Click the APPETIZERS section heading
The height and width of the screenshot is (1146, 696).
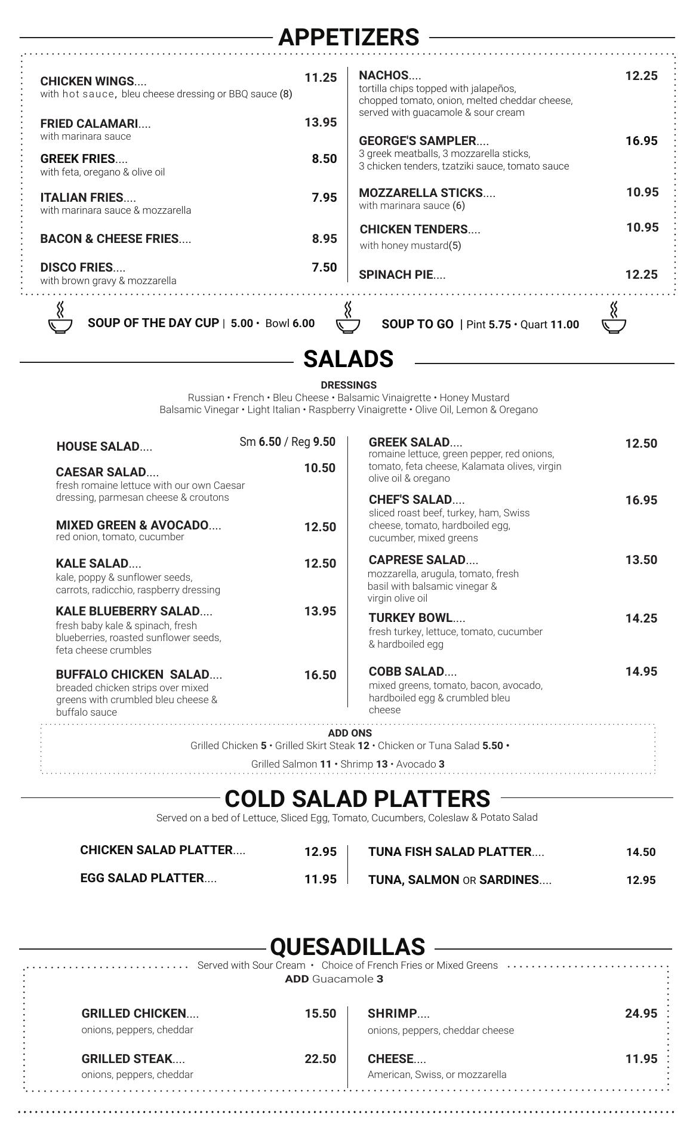349,37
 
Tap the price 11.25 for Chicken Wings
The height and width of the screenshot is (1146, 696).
321,78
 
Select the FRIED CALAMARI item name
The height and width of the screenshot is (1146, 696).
89,124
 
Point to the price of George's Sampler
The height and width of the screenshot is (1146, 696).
641,141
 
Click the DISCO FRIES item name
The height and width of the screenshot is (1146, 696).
76,267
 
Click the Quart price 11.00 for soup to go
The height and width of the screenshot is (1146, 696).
564,324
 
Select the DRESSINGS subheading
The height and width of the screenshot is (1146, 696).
349,385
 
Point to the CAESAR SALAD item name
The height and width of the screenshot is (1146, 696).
100,472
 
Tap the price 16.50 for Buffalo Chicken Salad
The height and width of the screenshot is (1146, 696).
320,675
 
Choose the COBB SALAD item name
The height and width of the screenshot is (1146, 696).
406,671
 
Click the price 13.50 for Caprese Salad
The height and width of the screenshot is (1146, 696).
641,560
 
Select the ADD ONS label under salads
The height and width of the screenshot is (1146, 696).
350,733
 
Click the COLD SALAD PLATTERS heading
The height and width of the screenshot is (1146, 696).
357,799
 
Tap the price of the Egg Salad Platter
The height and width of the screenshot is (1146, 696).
320,879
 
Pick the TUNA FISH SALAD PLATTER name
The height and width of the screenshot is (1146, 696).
449,852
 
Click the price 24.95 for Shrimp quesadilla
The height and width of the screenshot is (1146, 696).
640,1013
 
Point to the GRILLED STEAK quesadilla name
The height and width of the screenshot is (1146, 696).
127,1059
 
